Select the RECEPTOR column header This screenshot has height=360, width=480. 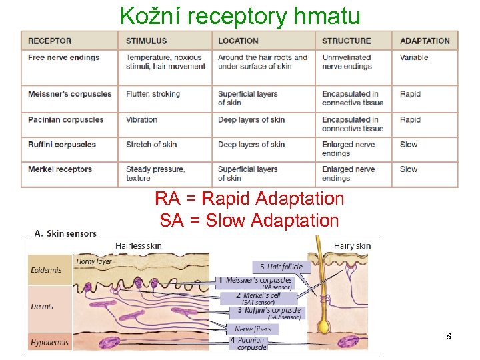tap(49, 41)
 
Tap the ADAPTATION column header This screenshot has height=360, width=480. tap(425, 41)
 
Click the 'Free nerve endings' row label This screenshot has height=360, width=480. tap(63, 57)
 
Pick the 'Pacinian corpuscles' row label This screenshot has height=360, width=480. tap(65, 120)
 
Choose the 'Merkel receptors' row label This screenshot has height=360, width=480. tap(60, 169)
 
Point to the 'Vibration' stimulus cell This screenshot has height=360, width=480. tap(141, 120)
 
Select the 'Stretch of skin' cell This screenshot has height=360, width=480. tap(151, 145)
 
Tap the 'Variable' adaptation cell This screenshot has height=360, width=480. tap(414, 57)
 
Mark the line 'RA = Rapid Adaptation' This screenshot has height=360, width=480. tap(249, 199)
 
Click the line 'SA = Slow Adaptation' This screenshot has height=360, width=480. tap(249, 220)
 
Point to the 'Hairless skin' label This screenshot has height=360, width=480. tap(138, 246)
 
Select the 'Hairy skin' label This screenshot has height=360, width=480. tap(352, 246)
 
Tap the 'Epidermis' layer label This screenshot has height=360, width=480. tap(46, 270)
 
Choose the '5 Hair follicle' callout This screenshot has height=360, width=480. tap(281, 267)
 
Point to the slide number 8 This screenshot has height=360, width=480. tap(449, 337)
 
